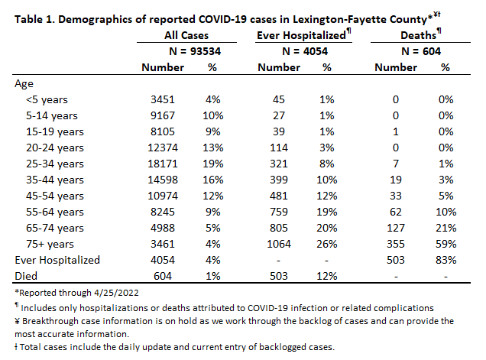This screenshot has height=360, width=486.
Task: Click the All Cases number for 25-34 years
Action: [x=163, y=164]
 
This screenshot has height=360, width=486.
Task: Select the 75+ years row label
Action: [x=50, y=244]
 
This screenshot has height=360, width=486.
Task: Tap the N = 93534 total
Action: [x=195, y=51]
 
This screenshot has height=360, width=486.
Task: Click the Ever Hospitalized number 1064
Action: [x=279, y=244]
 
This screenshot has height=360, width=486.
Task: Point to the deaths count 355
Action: [x=396, y=244]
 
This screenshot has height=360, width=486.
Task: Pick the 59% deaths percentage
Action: [x=446, y=244]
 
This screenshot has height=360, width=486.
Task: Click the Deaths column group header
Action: [x=420, y=34]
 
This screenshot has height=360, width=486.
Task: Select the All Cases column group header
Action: [x=186, y=35]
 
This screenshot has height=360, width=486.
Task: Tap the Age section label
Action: [x=24, y=84]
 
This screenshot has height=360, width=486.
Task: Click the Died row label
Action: [x=26, y=276]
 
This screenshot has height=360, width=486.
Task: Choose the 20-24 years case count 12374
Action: [x=163, y=148]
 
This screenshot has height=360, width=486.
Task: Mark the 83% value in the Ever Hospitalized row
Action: [x=446, y=260]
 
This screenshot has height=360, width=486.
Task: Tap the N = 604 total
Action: [x=420, y=51]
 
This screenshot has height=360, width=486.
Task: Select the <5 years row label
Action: [x=47, y=100]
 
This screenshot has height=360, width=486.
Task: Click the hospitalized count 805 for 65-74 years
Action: [x=279, y=228]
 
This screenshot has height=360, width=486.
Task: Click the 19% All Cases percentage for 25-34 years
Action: [x=213, y=164]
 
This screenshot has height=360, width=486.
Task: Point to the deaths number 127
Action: [x=396, y=228]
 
